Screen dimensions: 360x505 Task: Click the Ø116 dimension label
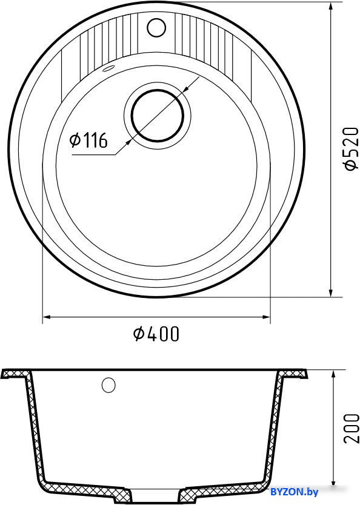(x=88, y=140)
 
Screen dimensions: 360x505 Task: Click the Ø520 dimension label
(x=351, y=148)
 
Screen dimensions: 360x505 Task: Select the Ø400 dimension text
(x=156, y=334)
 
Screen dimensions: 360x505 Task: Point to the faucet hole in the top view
(x=156, y=27)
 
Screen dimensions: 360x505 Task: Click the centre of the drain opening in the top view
(x=158, y=116)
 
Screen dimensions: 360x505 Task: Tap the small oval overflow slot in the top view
(x=108, y=68)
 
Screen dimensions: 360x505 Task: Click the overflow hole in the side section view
(x=108, y=385)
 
